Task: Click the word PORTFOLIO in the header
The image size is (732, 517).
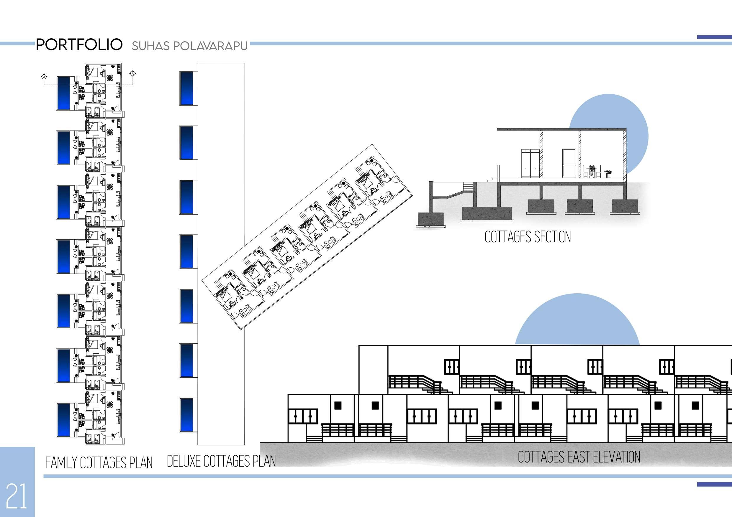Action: [79, 45]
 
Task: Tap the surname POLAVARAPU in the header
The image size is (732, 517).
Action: [210, 46]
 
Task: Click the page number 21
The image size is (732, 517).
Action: [17, 496]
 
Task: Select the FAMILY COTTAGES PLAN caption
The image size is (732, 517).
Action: [99, 463]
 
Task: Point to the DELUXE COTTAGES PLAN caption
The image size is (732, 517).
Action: [221, 461]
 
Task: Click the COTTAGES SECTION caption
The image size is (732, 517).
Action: [528, 237]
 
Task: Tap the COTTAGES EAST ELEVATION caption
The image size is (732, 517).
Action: [579, 457]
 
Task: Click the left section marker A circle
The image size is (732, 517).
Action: [44, 76]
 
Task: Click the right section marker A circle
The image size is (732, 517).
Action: [133, 74]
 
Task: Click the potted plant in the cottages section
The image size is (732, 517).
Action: [608, 173]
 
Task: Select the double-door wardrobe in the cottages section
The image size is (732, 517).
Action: [530, 163]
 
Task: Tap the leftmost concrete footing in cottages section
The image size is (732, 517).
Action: [430, 219]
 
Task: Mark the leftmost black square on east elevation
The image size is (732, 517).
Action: [338, 406]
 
